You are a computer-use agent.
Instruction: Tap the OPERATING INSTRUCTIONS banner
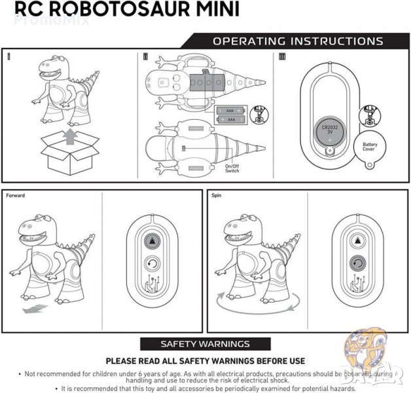pos(298,41)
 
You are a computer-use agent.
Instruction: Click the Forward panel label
pos(16,196)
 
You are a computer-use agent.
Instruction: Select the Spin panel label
pos(217,196)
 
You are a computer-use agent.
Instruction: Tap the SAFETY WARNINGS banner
pos(205,344)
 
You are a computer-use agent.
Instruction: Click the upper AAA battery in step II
pos(230,111)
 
